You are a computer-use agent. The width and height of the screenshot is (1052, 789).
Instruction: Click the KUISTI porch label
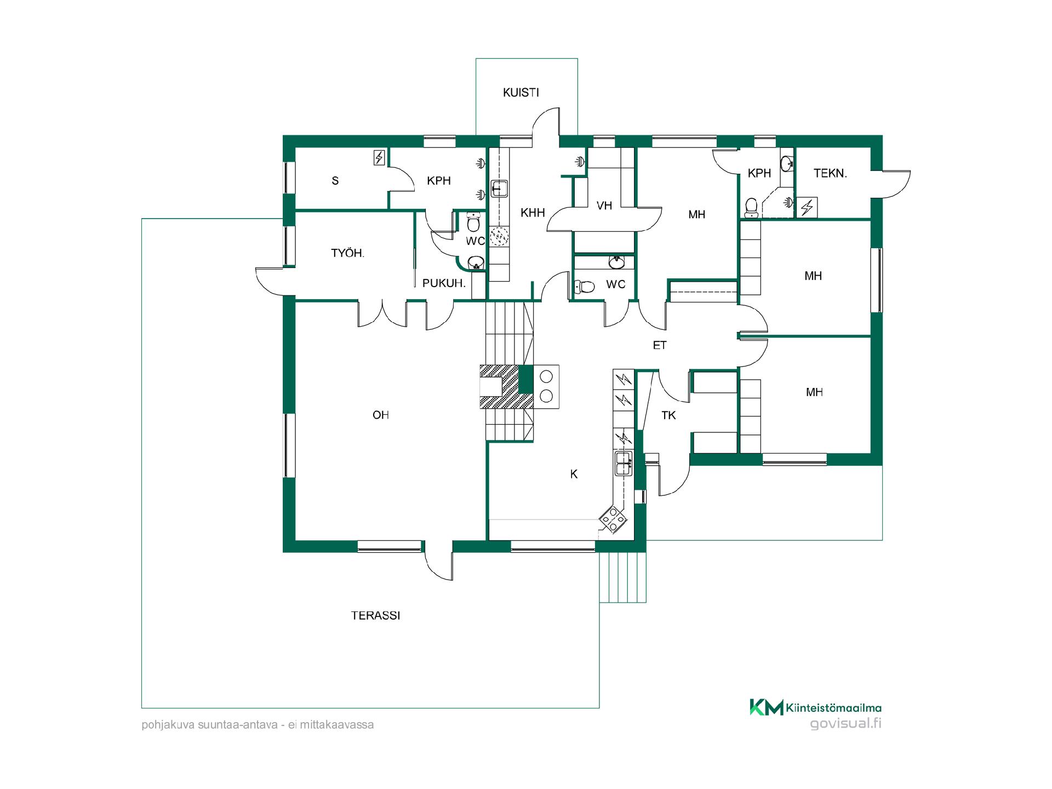521,93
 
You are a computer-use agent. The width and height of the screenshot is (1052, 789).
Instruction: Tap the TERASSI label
376,616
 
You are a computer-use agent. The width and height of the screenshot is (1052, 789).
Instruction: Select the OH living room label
381,415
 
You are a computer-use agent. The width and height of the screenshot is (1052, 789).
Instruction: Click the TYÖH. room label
348,253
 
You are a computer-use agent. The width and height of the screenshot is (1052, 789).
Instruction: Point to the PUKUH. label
444,283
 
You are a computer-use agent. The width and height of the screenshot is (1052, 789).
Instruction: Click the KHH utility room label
533,213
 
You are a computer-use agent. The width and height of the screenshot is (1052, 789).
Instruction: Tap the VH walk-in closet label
604,205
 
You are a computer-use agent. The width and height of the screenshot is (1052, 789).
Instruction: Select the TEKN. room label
830,174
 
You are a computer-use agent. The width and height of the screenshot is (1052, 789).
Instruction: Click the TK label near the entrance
668,415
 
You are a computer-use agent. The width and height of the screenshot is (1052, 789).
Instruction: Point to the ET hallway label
660,345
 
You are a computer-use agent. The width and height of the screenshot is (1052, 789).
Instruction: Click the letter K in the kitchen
574,474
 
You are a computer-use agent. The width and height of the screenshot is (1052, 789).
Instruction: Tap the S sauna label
335,181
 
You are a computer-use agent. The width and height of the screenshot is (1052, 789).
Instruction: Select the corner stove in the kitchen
613,518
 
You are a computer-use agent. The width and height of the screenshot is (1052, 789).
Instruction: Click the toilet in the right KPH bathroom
752,207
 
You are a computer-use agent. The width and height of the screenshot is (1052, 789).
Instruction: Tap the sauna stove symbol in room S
379,158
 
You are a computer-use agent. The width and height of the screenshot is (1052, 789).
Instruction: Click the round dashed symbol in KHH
499,236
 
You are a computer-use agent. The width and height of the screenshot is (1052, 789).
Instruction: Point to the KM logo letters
767,707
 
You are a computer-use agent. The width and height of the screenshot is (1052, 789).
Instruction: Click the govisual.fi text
846,723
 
